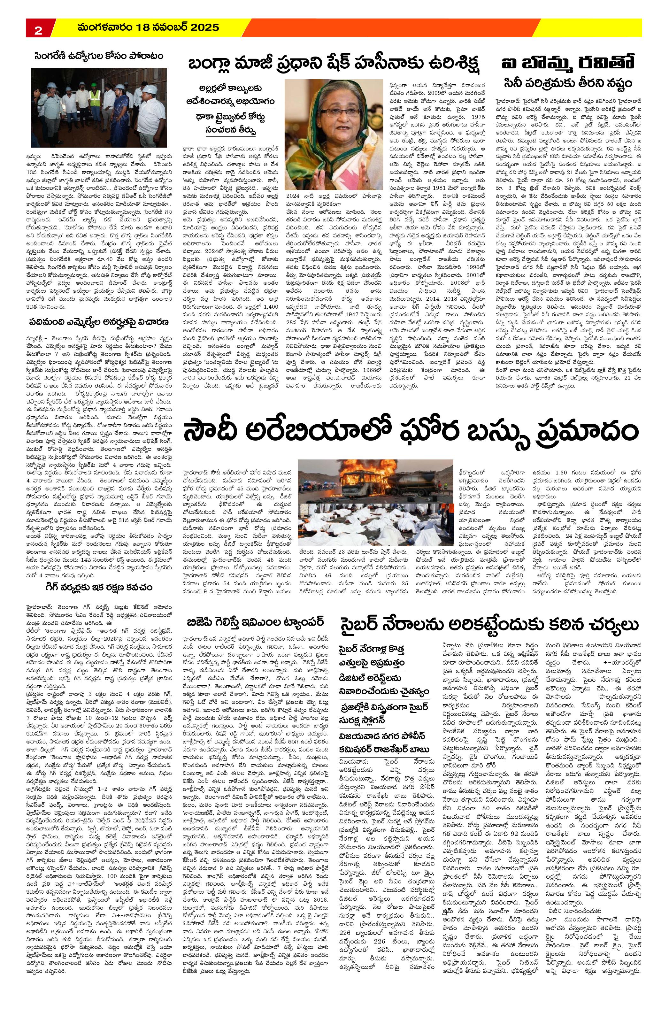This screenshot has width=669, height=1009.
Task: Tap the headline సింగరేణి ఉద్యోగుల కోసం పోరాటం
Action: point(99,56)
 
